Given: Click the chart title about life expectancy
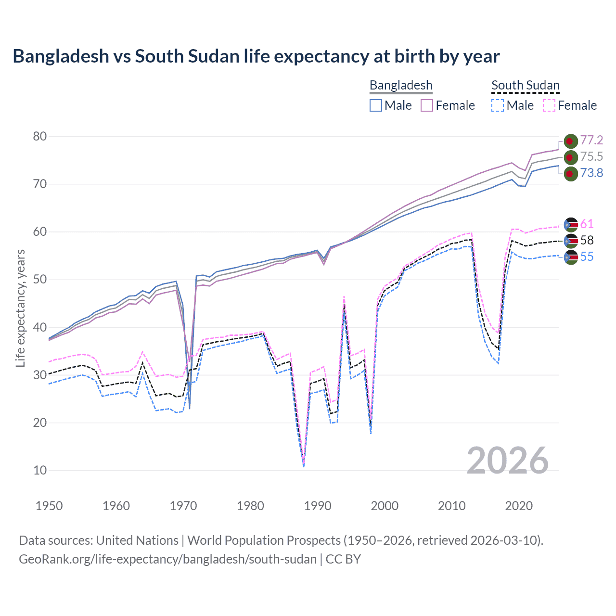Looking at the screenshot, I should (256, 56).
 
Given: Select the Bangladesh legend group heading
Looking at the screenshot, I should (401, 85).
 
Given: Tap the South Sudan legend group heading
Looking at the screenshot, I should (525, 85).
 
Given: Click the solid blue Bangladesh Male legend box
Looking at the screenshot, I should (376, 105).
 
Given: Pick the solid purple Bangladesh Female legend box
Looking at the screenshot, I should (427, 105).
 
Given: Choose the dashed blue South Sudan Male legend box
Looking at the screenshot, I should (498, 105).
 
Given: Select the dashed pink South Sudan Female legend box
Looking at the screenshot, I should (549, 105).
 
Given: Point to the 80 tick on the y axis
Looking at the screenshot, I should (40, 137).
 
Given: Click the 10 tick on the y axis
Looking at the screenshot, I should (40, 471).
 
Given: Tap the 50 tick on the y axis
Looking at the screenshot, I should (40, 280).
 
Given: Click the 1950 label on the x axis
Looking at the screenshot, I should (49, 506).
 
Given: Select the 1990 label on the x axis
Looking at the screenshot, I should (318, 506).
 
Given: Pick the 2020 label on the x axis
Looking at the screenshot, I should (519, 506).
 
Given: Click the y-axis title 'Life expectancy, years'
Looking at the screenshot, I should (20, 308).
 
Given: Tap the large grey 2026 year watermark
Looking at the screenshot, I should (508, 461).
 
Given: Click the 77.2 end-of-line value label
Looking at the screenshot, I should (591, 140).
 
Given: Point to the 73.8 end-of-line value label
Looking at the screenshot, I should (591, 173).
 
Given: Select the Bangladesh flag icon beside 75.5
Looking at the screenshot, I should (570, 157).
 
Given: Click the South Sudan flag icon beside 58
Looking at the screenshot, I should (570, 241).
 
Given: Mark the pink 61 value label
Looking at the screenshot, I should (587, 224).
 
